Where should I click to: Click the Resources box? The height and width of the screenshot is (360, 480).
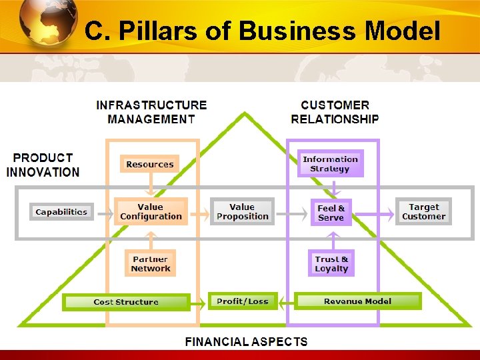click(x=149, y=164)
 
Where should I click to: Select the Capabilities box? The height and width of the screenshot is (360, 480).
click(x=61, y=212)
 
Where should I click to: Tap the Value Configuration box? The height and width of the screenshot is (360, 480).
click(x=151, y=212)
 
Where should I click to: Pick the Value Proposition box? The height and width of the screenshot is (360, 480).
click(x=242, y=212)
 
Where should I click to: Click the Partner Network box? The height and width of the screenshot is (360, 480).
click(x=151, y=264)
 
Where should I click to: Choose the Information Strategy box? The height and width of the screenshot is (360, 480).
click(x=331, y=164)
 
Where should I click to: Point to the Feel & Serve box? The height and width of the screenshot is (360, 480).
click(x=331, y=213)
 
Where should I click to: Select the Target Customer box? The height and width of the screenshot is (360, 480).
click(x=423, y=212)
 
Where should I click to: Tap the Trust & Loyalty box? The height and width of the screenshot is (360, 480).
click(x=331, y=264)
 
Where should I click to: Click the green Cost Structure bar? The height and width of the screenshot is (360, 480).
click(x=126, y=302)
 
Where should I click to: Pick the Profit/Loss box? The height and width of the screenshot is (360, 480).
click(x=242, y=301)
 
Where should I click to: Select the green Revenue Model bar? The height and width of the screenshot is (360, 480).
click(x=357, y=301)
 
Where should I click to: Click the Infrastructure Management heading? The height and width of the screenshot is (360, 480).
click(x=151, y=112)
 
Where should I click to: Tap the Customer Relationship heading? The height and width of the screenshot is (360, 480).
click(x=335, y=112)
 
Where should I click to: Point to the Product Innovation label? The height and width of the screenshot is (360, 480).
click(x=43, y=165)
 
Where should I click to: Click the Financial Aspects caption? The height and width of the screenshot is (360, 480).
click(x=246, y=342)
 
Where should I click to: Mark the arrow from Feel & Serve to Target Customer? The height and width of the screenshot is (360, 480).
click(x=373, y=214)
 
